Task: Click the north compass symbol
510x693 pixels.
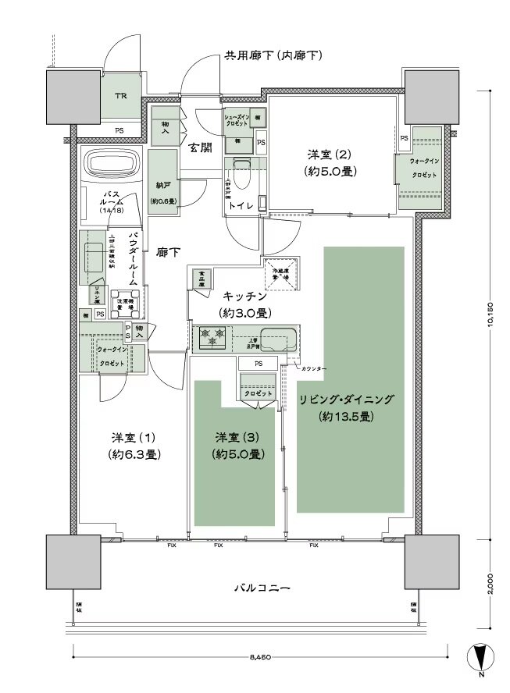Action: coord(480,659)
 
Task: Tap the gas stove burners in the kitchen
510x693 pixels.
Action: coord(213,338)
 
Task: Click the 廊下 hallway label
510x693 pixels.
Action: coord(169,252)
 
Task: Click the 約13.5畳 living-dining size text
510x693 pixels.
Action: coord(345,417)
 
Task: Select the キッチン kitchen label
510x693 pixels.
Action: coord(245,297)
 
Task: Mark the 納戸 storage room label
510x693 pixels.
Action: coord(162,187)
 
